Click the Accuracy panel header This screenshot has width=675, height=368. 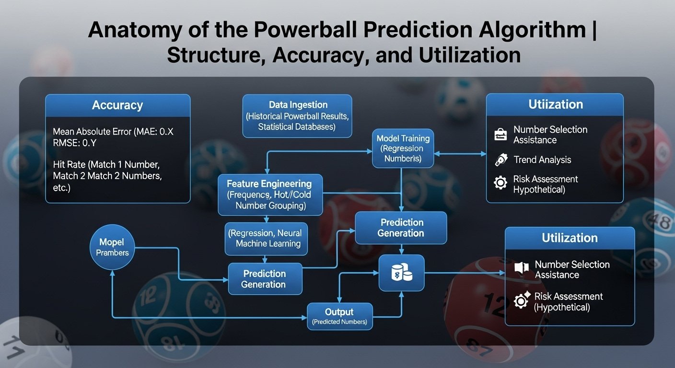(118, 105)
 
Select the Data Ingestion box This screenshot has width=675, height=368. (297, 116)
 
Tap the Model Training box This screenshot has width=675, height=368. (403, 148)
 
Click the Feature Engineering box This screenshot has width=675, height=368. (270, 195)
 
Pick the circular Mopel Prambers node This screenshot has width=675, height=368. (112, 247)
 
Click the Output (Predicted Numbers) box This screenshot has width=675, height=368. (339, 316)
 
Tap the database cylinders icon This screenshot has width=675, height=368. (402, 272)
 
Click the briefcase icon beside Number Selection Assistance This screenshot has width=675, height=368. (500, 134)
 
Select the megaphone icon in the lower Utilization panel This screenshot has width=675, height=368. (521, 267)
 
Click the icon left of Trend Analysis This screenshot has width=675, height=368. (501, 160)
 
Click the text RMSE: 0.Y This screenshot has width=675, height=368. (75, 143)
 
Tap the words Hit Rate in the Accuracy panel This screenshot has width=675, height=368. (70, 164)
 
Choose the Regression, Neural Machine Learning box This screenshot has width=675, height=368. (266, 239)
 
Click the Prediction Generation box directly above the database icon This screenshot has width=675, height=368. (401, 228)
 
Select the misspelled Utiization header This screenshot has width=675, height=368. (556, 104)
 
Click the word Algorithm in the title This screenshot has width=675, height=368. (532, 30)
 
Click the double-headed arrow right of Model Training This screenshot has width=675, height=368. (460, 154)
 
